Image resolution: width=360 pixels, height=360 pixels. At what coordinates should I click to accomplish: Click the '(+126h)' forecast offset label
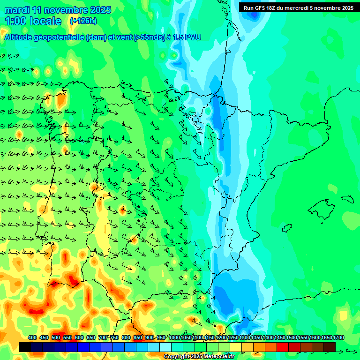click(x=83, y=21)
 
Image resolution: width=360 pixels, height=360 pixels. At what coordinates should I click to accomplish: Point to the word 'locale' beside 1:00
click(x=45, y=21)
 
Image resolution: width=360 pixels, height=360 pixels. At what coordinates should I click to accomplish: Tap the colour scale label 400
click(x=32, y=337)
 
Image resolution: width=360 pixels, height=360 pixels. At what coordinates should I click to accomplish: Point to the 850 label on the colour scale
click(x=138, y=337)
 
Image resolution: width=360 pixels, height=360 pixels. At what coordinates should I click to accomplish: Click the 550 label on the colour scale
click(x=67, y=337)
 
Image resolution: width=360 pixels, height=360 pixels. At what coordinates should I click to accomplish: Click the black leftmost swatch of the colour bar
click(x=25, y=347)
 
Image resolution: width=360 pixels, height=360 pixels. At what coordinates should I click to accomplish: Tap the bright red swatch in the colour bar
click(x=283, y=347)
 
